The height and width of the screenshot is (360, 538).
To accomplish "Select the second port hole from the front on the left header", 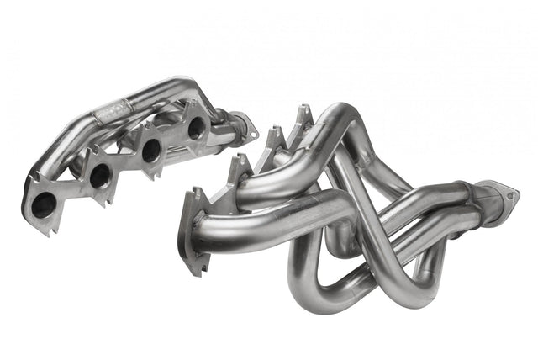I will pos(99,177).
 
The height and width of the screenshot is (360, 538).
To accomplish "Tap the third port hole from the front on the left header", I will pos(152,150).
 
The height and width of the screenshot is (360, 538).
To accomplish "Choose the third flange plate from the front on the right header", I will pos(271,144).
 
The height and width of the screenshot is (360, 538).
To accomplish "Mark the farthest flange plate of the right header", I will pos(300,117).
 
